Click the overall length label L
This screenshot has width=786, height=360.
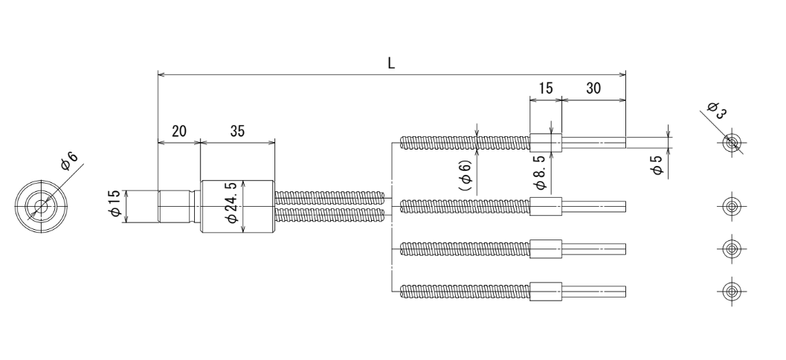tap(391, 64)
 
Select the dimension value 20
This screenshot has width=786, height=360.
tap(179, 132)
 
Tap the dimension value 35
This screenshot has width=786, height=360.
tap(238, 132)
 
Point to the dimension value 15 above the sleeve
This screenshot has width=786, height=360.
tap(546, 89)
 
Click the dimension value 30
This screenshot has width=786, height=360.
tap(593, 89)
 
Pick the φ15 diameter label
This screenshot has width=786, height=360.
tap(115, 204)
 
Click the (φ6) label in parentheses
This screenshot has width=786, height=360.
tap(466, 176)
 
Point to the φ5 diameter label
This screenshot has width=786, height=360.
tap(657, 165)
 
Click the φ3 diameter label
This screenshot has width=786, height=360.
tap(717, 110)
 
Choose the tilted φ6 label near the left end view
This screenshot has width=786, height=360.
tap(70, 161)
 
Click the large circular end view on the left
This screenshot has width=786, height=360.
tap(41, 206)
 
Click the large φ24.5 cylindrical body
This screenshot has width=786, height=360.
tap(238, 206)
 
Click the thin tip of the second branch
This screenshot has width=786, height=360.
tap(593, 206)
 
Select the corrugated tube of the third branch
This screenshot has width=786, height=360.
tap(466, 248)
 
